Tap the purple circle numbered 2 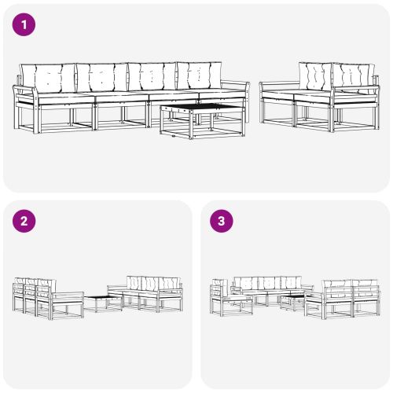click(25, 221)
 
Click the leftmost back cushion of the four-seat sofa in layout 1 click(47, 77)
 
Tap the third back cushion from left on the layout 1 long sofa click(152, 77)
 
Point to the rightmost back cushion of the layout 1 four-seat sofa click(200, 75)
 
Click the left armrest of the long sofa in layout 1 click(24, 94)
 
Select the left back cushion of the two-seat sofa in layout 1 click(314, 76)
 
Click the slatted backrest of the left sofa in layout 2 click(31, 288)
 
